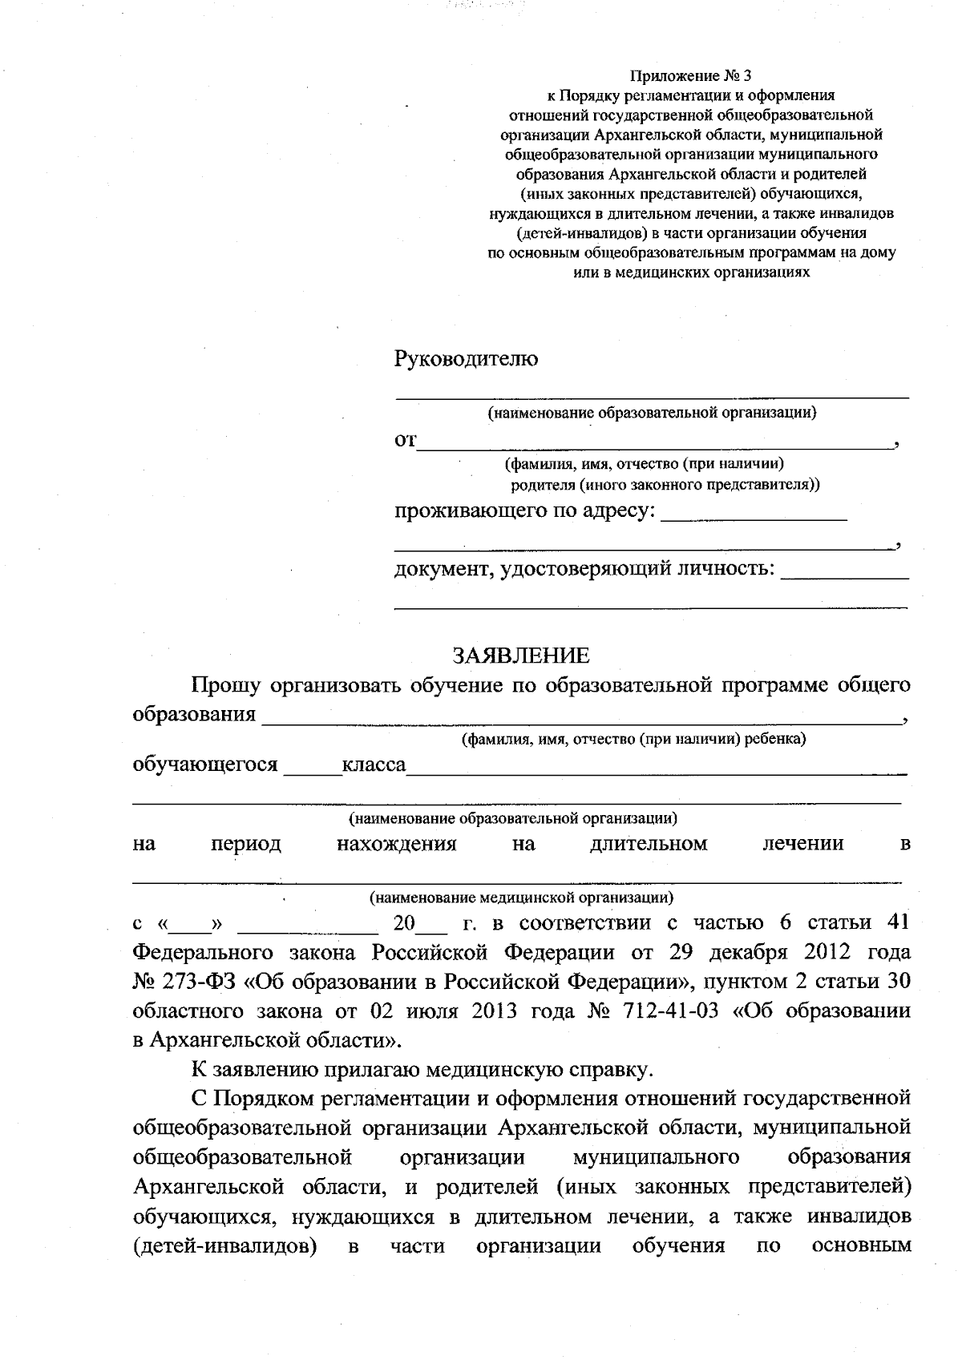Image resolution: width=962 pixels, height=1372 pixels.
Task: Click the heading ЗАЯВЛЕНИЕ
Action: [x=521, y=656]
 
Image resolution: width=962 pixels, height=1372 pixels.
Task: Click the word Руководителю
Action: [x=466, y=359]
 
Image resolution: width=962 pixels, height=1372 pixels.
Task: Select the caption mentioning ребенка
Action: [x=633, y=738]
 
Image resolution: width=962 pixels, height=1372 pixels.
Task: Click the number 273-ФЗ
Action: [x=192, y=982]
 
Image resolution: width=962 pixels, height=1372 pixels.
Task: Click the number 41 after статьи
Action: [x=899, y=922]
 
